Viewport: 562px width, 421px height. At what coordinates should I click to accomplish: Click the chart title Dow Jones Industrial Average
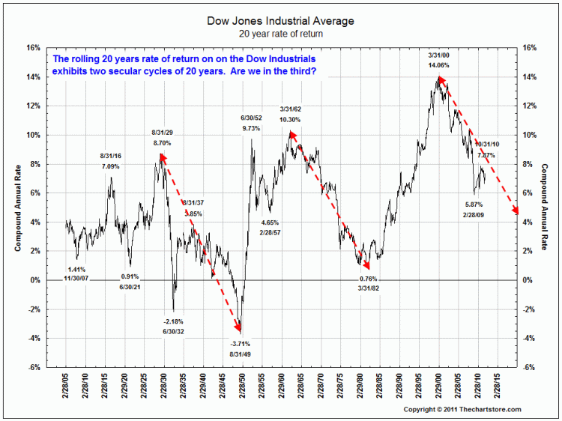click(x=280, y=21)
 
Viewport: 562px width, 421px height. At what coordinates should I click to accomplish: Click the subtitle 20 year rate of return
click(x=280, y=34)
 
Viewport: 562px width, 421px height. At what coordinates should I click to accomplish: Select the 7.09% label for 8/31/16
click(x=111, y=166)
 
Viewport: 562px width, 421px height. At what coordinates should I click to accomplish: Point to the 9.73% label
click(x=252, y=128)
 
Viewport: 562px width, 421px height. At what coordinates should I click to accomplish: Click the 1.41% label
click(x=77, y=269)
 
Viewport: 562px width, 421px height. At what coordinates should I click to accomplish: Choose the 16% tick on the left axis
click(x=34, y=47)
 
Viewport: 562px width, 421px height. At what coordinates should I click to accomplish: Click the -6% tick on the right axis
click(x=528, y=367)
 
